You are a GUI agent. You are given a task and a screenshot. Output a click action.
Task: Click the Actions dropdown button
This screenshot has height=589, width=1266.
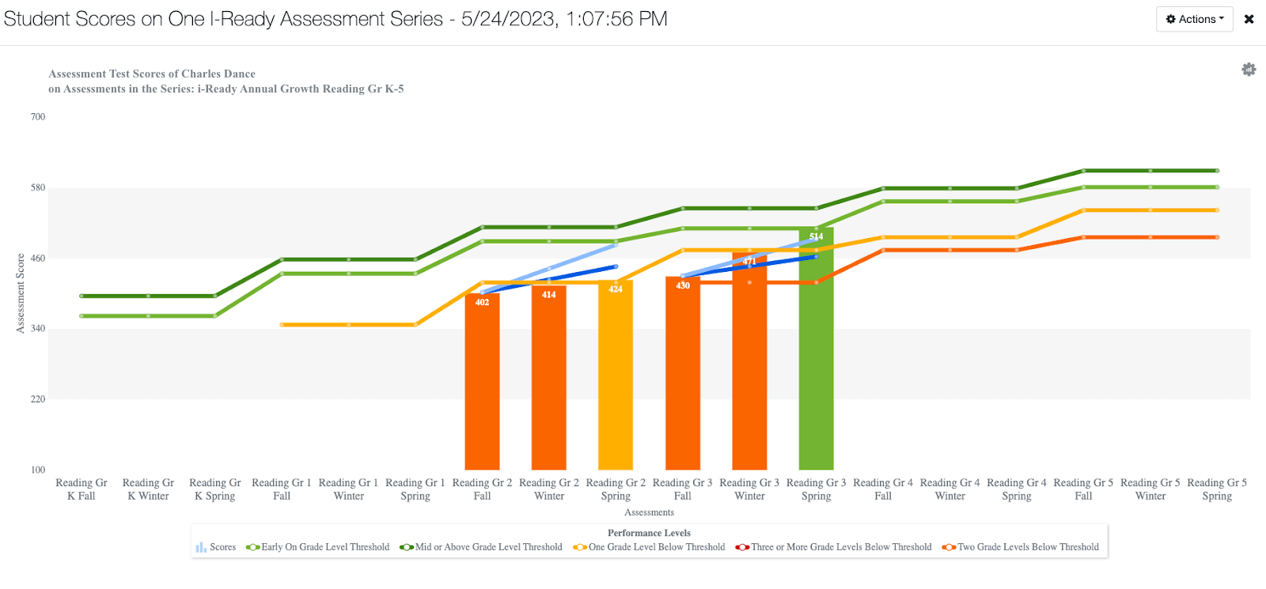[x=1194, y=19]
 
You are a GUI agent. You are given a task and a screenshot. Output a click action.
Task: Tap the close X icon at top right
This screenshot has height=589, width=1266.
[x=1249, y=19]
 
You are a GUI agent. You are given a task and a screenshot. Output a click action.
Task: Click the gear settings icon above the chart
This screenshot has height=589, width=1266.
[x=1249, y=70]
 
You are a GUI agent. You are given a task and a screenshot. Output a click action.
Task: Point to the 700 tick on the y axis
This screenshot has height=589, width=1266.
[x=38, y=117]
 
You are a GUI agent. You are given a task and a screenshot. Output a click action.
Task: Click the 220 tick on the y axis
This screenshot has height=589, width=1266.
[x=38, y=399]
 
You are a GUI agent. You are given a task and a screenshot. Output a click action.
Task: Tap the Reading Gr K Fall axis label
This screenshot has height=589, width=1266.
[x=81, y=489]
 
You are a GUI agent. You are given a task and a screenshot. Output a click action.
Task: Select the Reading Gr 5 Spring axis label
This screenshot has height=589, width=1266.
[x=1216, y=489]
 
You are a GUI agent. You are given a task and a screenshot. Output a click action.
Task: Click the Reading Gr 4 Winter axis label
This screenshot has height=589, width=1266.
[x=949, y=489]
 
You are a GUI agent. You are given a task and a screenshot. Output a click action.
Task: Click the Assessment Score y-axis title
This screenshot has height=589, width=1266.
[x=21, y=293]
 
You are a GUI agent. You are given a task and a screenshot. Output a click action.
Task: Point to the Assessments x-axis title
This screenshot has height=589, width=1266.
[x=649, y=512]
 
